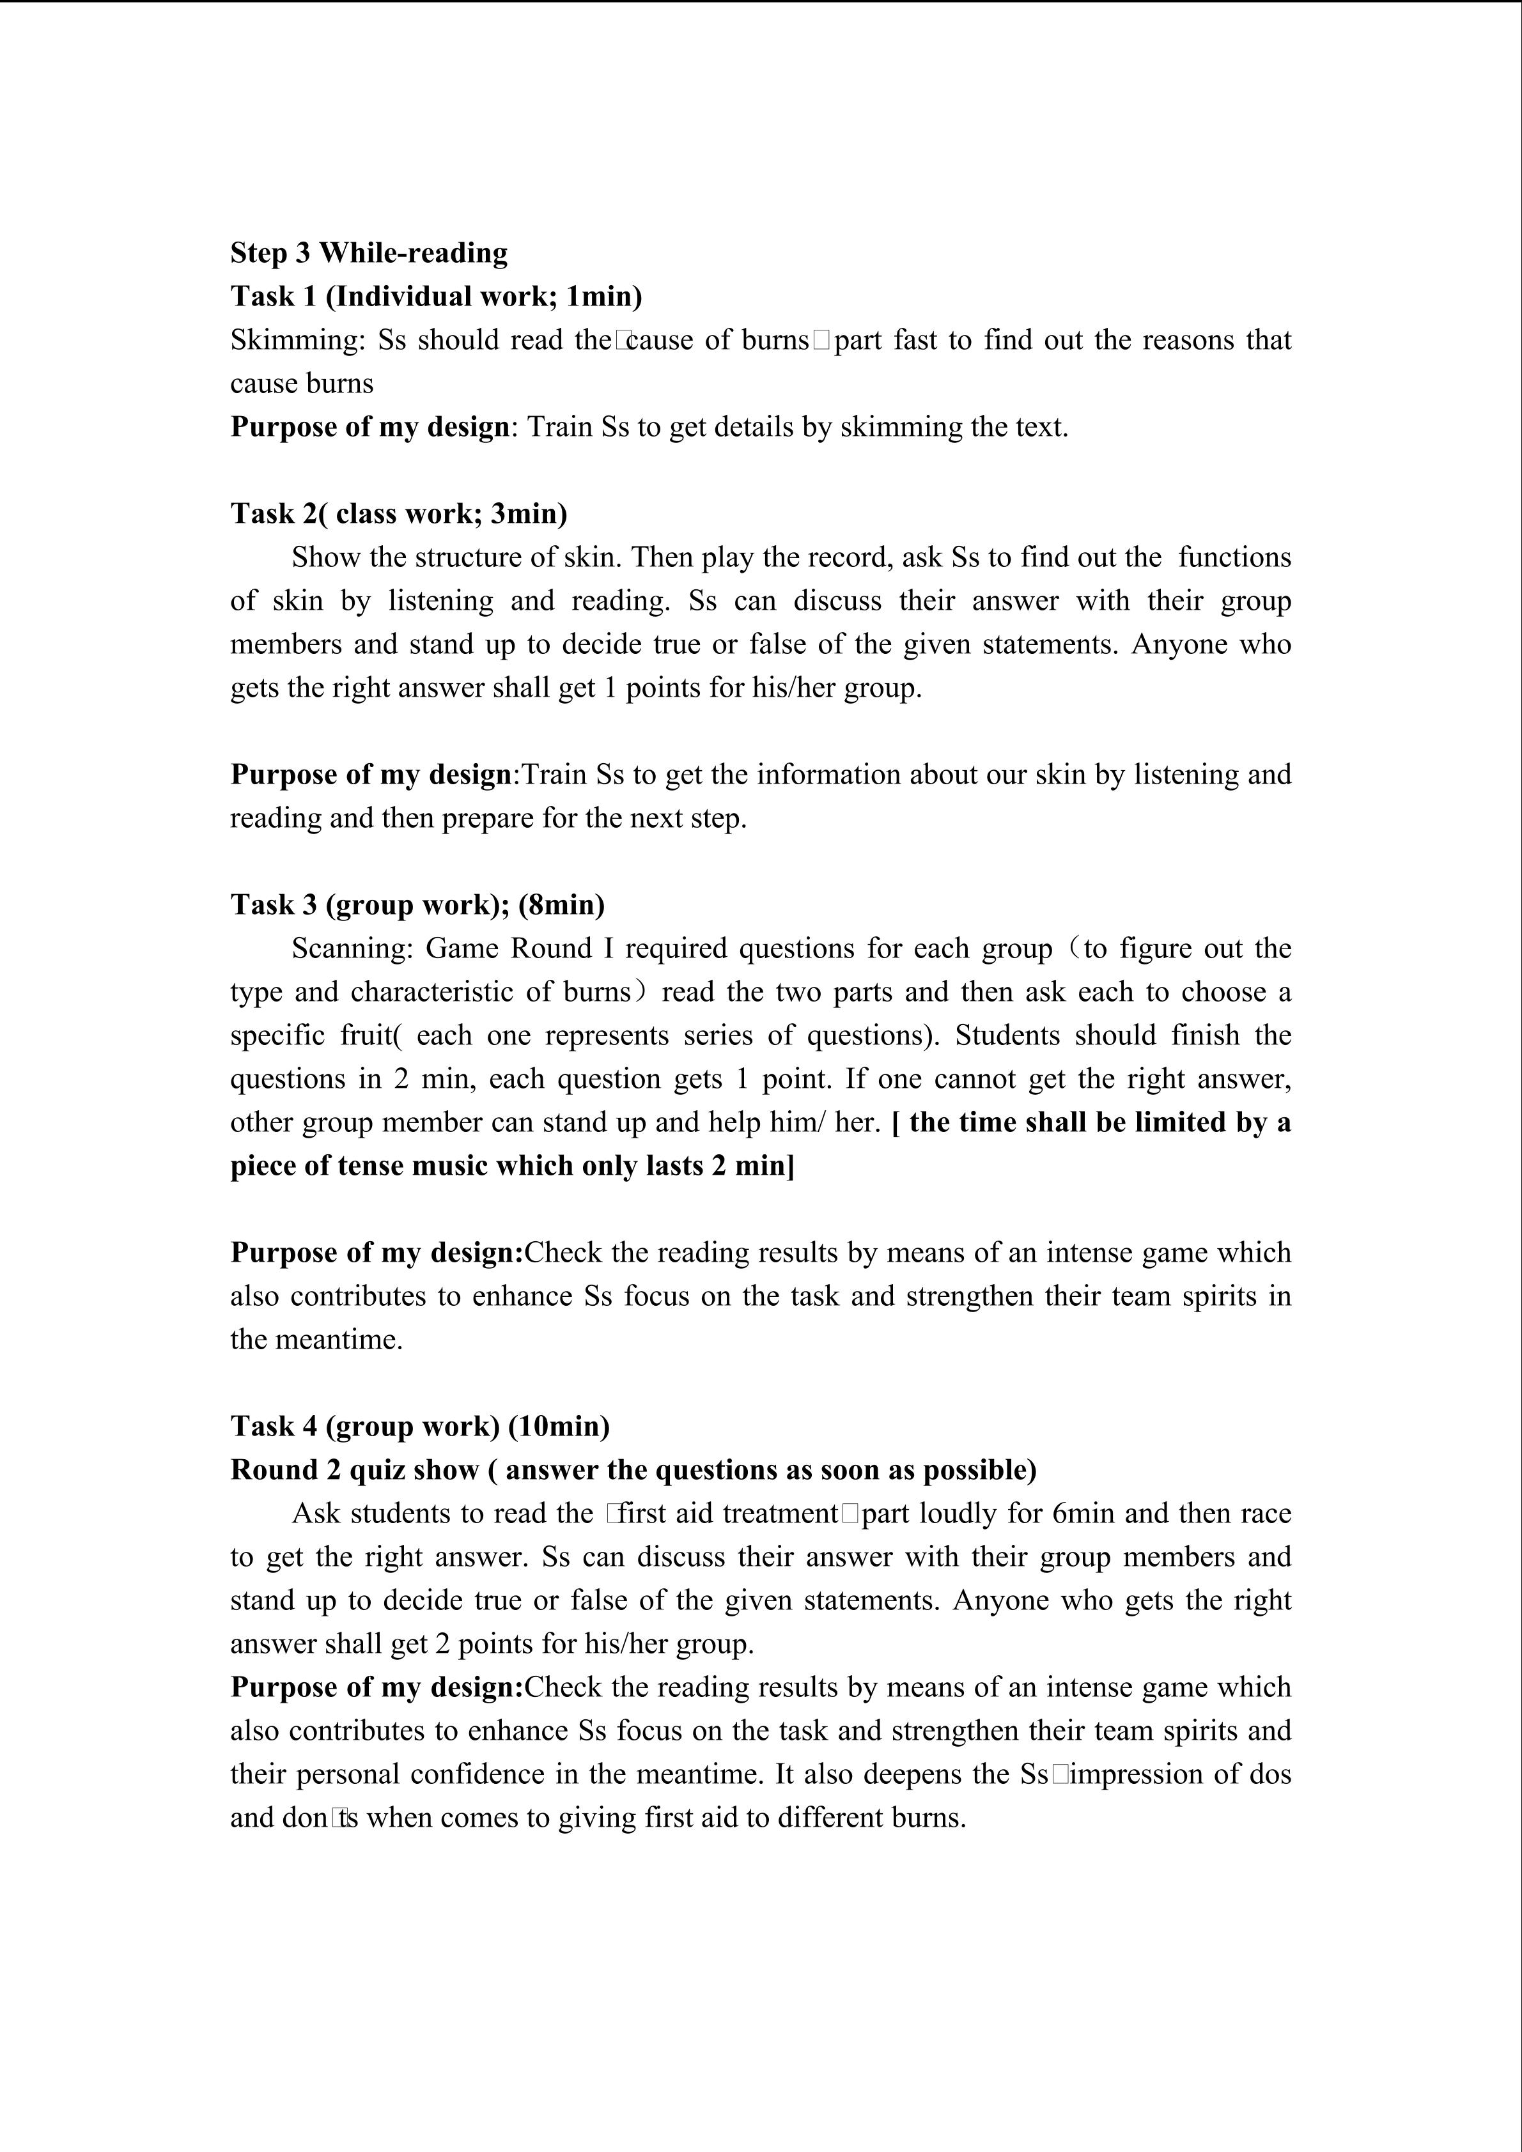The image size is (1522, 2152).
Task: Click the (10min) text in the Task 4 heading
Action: pos(559,1427)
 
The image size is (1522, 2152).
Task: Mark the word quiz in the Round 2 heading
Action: pos(376,1469)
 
